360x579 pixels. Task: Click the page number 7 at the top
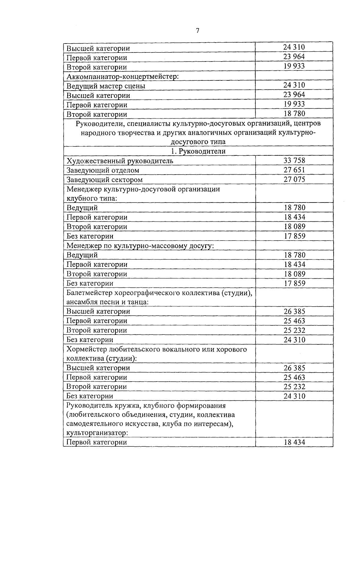[x=197, y=31]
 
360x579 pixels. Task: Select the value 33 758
[x=294, y=160]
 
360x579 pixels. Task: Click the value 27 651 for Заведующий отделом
[x=294, y=170]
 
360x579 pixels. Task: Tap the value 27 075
[x=294, y=179]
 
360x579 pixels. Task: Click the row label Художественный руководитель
[x=120, y=161]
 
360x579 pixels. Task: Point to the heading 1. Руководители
[x=198, y=151]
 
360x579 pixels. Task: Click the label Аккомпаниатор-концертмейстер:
[x=122, y=76]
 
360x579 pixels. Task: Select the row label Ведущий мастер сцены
[x=106, y=86]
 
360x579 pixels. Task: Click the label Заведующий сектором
[x=104, y=180]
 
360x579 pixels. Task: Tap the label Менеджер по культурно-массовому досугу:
[x=140, y=246]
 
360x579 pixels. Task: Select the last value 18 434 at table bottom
[x=294, y=442]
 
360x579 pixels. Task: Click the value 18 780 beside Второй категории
[x=294, y=114]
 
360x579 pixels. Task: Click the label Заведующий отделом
[x=103, y=170]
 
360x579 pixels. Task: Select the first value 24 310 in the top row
[x=294, y=47]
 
